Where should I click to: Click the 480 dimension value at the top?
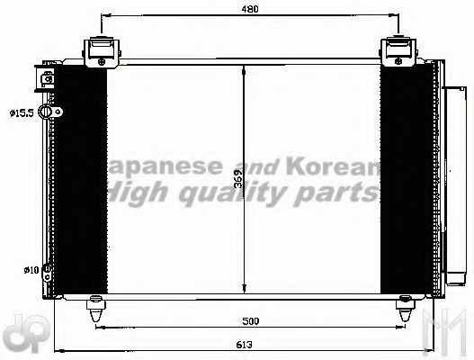tap(250, 10)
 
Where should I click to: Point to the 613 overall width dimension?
tap(245, 343)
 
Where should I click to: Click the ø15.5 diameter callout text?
tap(22, 112)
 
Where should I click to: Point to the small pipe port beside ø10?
tap(47, 268)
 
